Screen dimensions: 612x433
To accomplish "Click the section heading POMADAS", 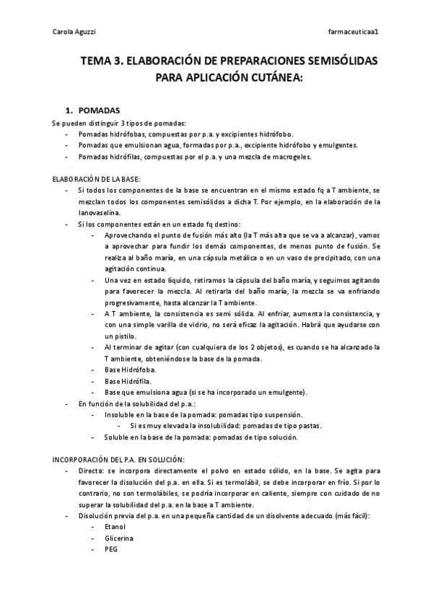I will (x=99, y=110).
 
